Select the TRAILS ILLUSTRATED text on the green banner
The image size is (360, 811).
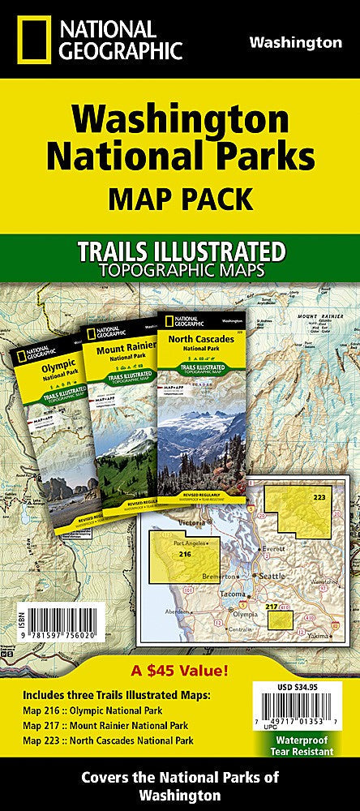[180, 252]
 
